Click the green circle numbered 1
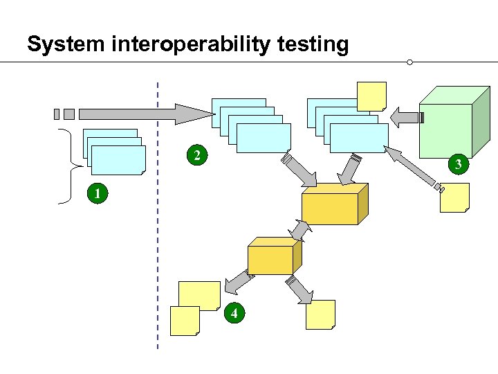pos(98,195)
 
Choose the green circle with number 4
pos(235,314)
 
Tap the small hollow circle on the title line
pos(410,62)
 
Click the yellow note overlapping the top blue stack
pos(371,96)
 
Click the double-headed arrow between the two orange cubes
pos(300,229)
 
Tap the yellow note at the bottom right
pos(321,314)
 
